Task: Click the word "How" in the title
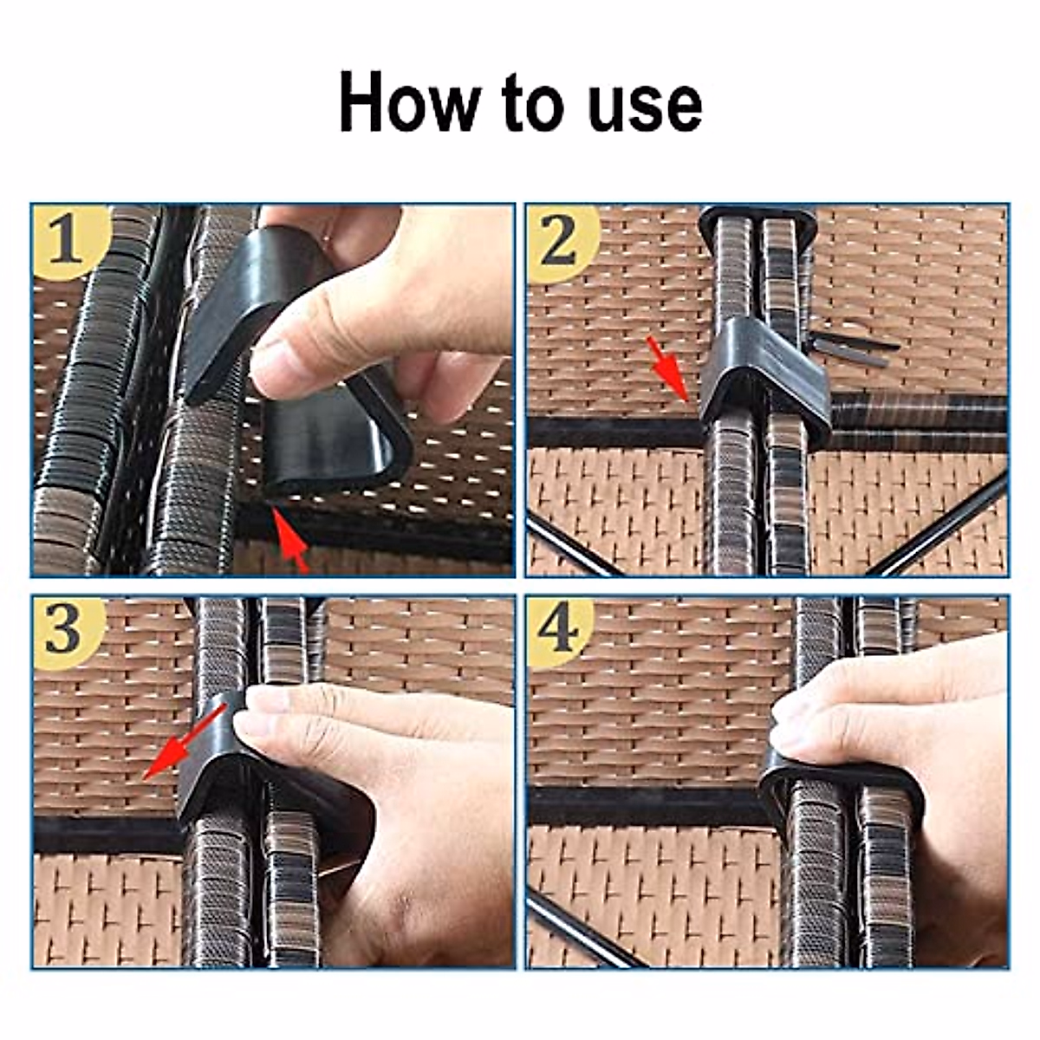click(410, 102)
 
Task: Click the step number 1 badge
click(69, 242)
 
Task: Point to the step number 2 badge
click(563, 244)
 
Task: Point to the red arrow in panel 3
click(184, 744)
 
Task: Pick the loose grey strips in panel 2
click(853, 347)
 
